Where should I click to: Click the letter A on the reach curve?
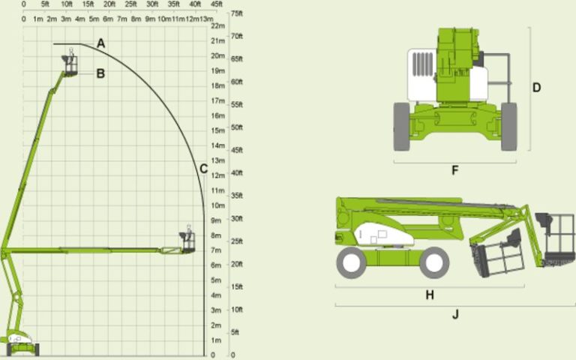pos(101,44)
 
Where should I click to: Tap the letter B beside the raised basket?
pos(100,73)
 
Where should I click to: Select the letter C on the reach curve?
pos(203,169)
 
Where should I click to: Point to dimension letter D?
pos(537,88)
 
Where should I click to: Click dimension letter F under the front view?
pos(454,170)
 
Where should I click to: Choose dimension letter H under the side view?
pos(430,295)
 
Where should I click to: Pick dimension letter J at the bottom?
pos(455,314)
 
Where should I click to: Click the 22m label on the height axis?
pos(218,26)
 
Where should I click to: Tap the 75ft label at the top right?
pos(237,13)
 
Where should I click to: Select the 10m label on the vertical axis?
pos(218,205)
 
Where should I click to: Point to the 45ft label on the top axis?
pos(216,4)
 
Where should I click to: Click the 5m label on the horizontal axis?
pos(94,18)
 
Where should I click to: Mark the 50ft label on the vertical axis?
pos(237,127)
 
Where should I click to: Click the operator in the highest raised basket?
pos(71,57)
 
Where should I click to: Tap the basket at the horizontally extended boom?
pos(187,243)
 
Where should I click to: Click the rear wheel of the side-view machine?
pos(351,262)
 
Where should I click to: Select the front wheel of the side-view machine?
pos(434,262)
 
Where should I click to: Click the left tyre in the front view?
pos(402,127)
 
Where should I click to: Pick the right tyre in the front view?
pos(509,127)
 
